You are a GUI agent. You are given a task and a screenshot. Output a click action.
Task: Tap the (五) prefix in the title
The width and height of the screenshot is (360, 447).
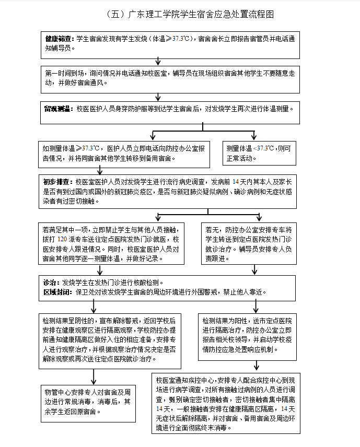click(115, 14)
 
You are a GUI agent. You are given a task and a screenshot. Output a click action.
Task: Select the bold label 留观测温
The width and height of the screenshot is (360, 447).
click(58, 109)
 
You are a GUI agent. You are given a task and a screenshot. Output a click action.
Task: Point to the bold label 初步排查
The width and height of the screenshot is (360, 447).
click(58, 182)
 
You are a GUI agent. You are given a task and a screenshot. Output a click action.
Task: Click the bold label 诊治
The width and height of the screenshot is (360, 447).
click(51, 282)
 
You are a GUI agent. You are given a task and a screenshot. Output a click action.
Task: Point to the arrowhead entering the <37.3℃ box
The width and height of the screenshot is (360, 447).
click(254, 137)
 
